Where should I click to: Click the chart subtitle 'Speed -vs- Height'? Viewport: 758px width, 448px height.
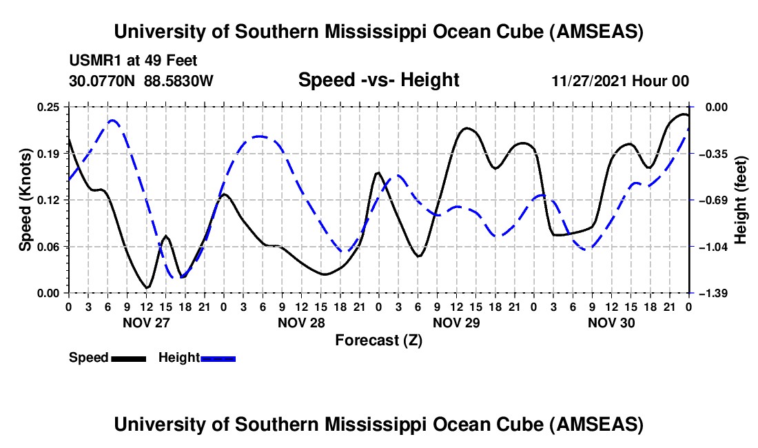point(378,81)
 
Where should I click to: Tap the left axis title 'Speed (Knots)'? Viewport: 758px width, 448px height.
point(25,200)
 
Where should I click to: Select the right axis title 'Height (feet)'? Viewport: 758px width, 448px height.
point(741,200)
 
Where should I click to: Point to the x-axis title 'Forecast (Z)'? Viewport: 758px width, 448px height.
point(378,340)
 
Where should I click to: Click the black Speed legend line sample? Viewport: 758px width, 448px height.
point(129,358)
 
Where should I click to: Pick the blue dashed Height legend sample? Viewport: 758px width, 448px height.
point(218,358)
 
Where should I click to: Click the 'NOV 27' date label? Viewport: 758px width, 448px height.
point(145,323)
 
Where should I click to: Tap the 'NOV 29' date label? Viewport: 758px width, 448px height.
point(455,323)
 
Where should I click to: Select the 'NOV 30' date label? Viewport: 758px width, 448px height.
point(611,323)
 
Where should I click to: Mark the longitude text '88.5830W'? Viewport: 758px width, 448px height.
point(179,81)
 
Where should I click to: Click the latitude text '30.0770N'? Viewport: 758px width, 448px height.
point(103,81)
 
